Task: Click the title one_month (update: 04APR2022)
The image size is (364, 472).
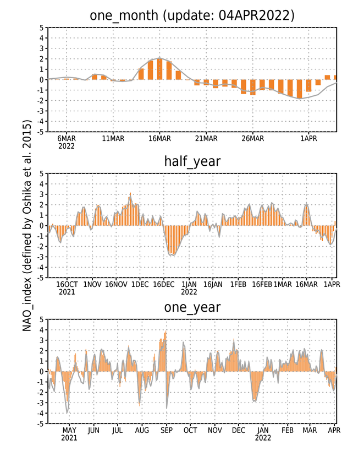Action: click(x=192, y=15)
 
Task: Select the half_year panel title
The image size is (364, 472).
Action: click(x=192, y=161)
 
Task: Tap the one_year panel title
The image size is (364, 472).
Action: click(x=192, y=307)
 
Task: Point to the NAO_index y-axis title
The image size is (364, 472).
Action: click(x=27, y=225)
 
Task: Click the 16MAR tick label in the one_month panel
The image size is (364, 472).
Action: click(x=159, y=138)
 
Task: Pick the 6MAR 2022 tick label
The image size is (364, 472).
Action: click(x=67, y=143)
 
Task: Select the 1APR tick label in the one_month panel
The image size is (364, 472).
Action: click(x=308, y=138)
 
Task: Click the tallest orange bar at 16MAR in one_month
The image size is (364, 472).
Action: click(x=159, y=69)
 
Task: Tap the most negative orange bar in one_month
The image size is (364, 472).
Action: click(x=299, y=89)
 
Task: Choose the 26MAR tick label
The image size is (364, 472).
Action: click(x=253, y=138)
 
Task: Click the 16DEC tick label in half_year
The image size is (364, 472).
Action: click(x=163, y=284)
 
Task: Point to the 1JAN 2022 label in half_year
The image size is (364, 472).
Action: click(x=189, y=288)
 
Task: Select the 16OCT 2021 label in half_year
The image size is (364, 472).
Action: click(x=67, y=288)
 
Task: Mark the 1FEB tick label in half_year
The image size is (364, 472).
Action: click(x=238, y=284)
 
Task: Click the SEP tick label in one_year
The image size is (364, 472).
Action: click(x=167, y=431)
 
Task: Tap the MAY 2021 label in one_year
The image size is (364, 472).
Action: click(x=69, y=434)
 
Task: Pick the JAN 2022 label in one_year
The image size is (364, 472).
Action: click(x=263, y=434)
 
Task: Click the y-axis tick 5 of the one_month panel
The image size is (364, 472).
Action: click(x=41, y=28)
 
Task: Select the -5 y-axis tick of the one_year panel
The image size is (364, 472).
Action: click(x=40, y=424)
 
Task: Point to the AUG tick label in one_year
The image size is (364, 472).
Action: click(x=142, y=431)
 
